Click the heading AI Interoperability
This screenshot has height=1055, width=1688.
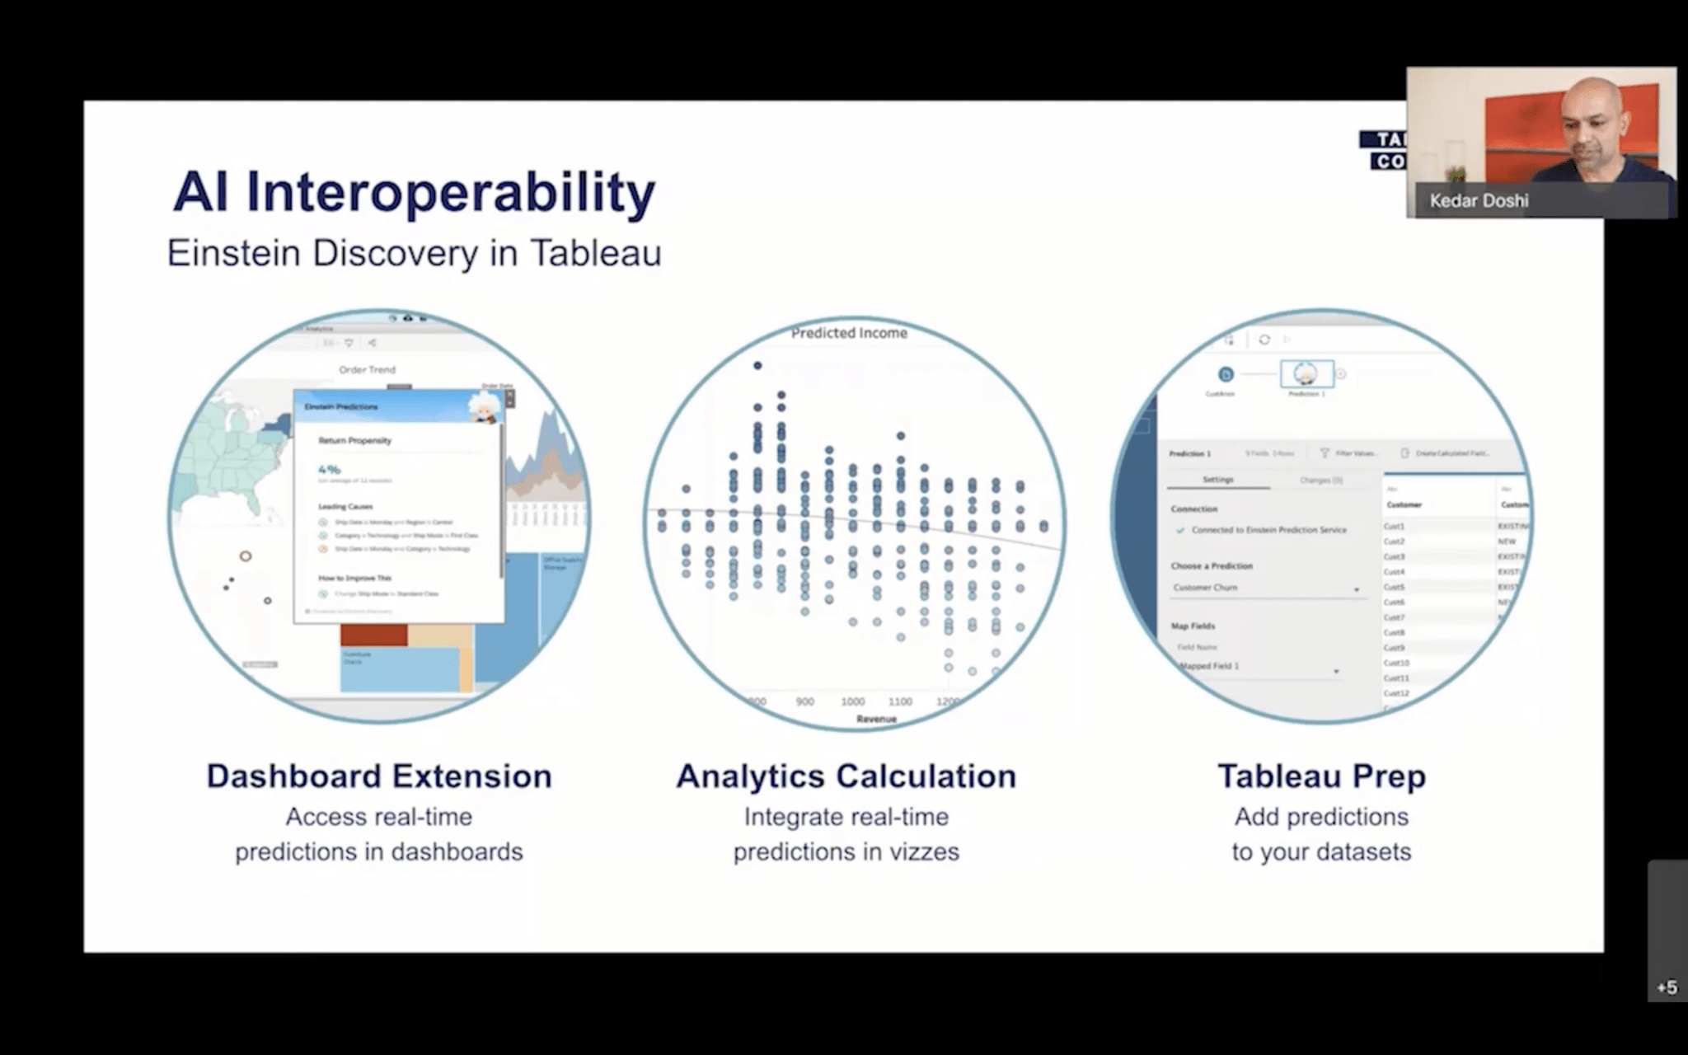tap(414, 193)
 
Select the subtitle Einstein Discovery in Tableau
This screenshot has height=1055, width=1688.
tap(414, 253)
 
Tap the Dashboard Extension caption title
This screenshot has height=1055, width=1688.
tap(378, 776)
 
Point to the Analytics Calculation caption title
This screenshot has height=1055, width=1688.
tap(846, 776)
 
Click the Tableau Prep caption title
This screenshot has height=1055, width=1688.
tap(1321, 776)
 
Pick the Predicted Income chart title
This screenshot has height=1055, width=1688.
tap(849, 333)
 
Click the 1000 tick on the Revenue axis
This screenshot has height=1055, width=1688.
tap(852, 701)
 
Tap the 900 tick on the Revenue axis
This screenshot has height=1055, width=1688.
tap(804, 701)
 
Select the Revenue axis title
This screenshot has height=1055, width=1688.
tap(876, 719)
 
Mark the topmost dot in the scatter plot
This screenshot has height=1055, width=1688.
tap(757, 365)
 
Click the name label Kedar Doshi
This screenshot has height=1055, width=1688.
tap(1479, 200)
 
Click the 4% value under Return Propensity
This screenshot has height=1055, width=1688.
tap(329, 469)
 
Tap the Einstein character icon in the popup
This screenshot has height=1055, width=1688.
tap(484, 407)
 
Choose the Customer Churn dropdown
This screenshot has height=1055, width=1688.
tap(1265, 588)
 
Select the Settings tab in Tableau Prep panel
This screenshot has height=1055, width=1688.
tap(1217, 480)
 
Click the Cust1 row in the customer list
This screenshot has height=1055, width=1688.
tap(1394, 526)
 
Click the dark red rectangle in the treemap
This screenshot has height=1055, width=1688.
tap(373, 635)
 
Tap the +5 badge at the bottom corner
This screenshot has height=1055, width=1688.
tap(1667, 987)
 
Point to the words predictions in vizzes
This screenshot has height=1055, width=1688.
tap(846, 851)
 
